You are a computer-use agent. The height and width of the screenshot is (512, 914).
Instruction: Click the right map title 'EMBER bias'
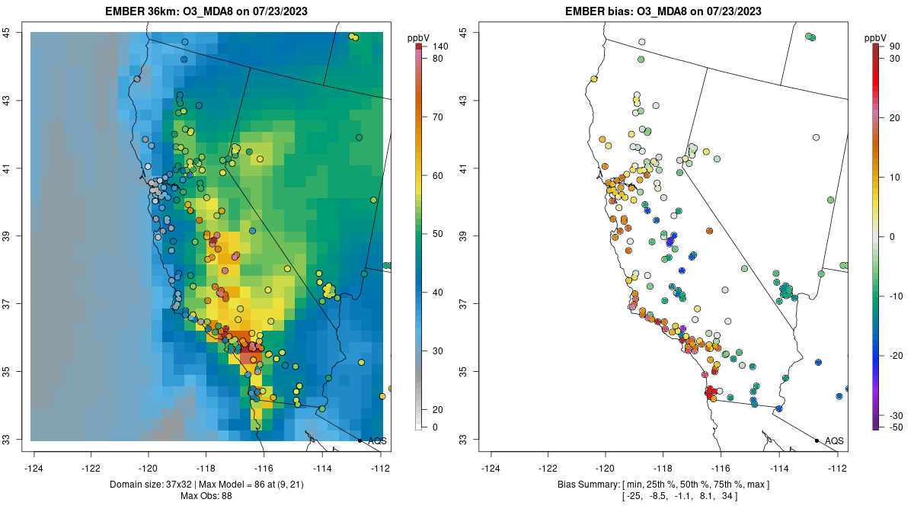pyautogui.click(x=599, y=11)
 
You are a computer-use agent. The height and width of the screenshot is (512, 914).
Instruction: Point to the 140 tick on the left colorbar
pyautogui.click(x=439, y=46)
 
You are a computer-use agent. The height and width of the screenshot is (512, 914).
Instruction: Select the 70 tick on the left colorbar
pyautogui.click(x=438, y=117)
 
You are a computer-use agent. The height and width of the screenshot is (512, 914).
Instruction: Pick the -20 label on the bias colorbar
pyautogui.click(x=896, y=356)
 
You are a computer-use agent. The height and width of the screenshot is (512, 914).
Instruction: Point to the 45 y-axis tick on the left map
pyautogui.click(x=13, y=32)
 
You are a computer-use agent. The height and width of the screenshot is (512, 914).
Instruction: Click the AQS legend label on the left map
pyautogui.click(x=377, y=440)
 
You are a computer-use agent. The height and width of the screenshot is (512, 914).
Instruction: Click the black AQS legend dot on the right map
pyautogui.click(x=817, y=440)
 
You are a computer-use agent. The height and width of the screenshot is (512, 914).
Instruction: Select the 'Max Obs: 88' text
pyautogui.click(x=206, y=496)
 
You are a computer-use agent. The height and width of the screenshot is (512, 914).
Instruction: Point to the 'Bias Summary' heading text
pyautogui.click(x=585, y=485)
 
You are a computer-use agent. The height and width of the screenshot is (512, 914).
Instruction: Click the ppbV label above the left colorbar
pyautogui.click(x=418, y=37)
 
